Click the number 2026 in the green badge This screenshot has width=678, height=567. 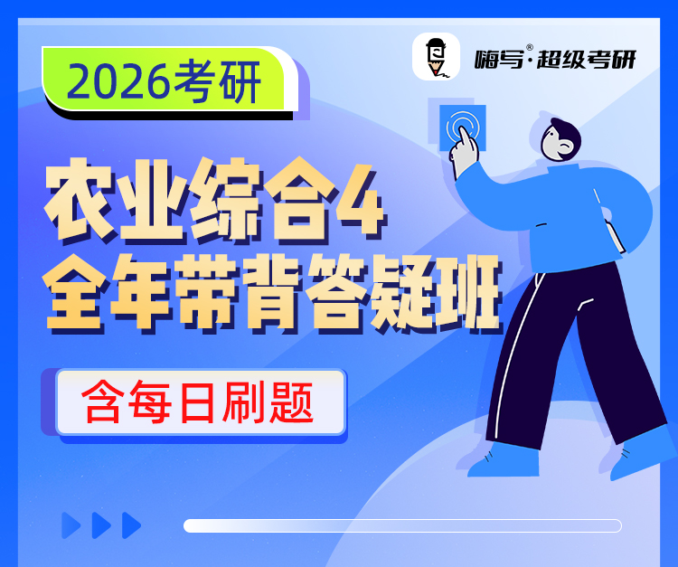pos(118,81)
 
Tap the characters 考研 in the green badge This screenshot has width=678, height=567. pos(216,81)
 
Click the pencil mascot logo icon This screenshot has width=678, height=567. pos(436,57)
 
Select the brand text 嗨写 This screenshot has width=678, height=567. pos(499,59)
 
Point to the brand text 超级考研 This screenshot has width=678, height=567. pos(587,59)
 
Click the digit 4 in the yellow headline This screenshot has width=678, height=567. pos(361,201)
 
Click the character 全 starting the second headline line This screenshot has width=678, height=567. pos(73,293)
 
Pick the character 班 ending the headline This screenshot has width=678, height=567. pos(469,293)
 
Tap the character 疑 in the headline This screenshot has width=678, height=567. pos(403,293)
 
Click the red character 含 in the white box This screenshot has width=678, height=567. pos(103,402)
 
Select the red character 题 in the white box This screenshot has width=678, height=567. pos(291,402)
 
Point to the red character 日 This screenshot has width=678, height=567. pos(197,402)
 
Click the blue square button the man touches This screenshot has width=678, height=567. pos(462,128)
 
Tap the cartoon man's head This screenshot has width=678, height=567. pos(560,139)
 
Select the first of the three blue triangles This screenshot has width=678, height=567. pos(71,525)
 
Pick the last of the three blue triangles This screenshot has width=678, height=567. pos(131,525)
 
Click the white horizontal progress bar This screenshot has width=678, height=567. pos(402,526)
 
